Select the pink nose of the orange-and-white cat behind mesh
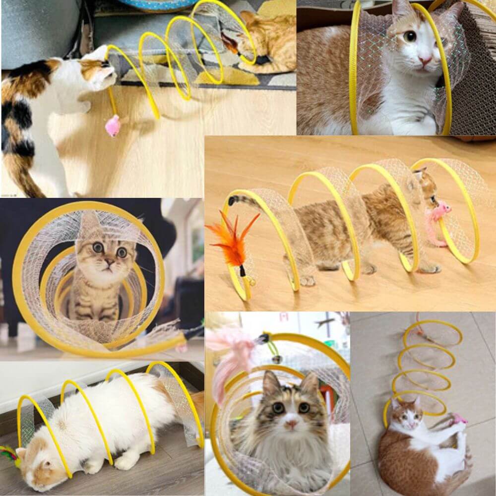click(x=425, y=60)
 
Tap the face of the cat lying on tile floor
click(x=403, y=416)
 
